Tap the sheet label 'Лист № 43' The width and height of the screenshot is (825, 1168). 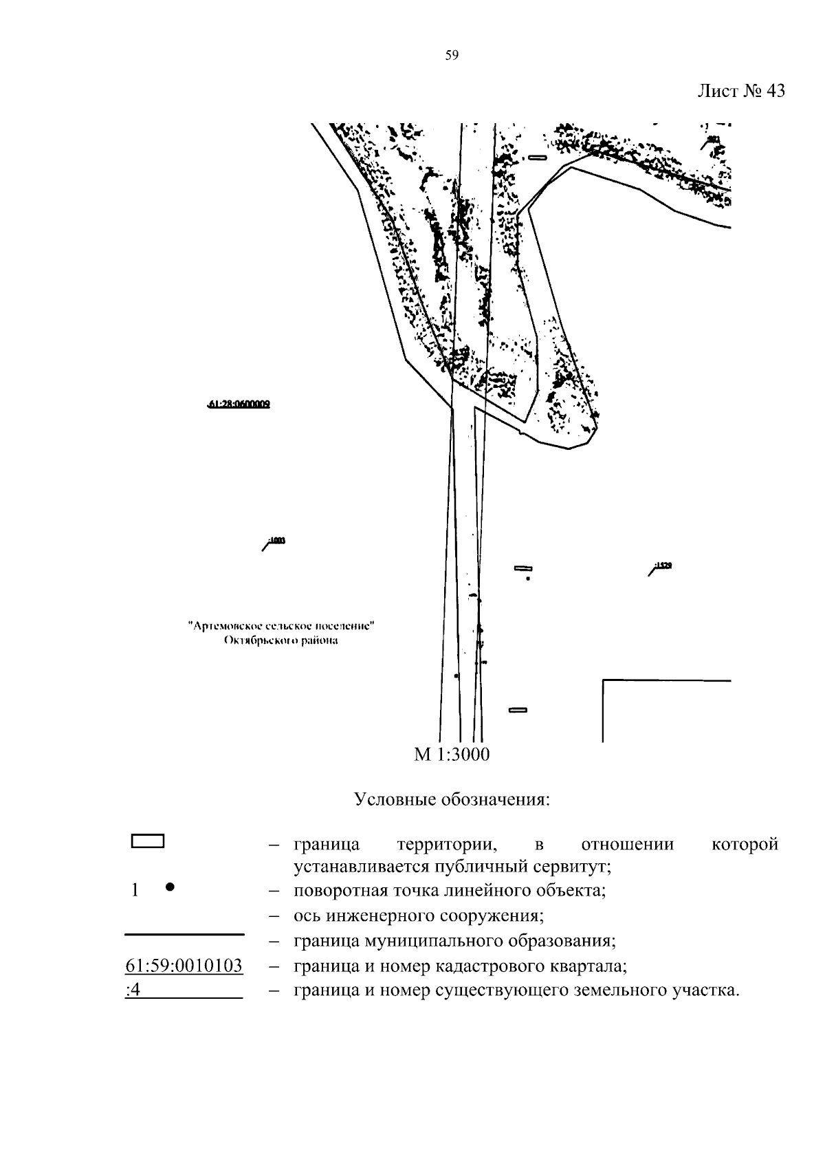pos(740,91)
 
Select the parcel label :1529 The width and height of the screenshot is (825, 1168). pos(663,565)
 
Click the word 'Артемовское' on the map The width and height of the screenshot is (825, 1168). pos(225,627)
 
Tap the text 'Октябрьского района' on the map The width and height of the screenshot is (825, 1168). pos(280,641)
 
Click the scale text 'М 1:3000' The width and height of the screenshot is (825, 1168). pos(452,755)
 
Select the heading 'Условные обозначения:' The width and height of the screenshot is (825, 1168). pos(452,800)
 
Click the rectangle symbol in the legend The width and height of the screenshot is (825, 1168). pos(147,841)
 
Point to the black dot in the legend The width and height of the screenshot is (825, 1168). pos(169,887)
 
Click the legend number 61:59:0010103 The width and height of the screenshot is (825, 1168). pos(184,966)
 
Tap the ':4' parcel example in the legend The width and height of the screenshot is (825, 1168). pos(133,991)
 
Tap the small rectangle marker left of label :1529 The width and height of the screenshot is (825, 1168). pos(524,568)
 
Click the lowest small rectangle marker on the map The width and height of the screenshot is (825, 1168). pos(517,710)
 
